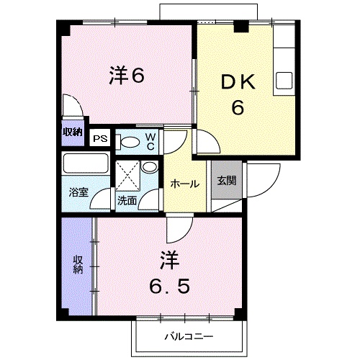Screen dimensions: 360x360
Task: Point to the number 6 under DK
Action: [x=237, y=108]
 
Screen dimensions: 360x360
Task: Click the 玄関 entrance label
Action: [x=227, y=181]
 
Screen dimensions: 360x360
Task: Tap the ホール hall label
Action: [x=184, y=184]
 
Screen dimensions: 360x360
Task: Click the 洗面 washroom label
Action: [x=127, y=201]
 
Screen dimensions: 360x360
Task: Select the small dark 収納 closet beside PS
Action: [x=71, y=132]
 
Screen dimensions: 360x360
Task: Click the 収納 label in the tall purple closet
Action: [x=78, y=264]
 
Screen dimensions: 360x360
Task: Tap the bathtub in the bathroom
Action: [x=85, y=163]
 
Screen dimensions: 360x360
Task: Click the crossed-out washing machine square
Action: [x=127, y=173]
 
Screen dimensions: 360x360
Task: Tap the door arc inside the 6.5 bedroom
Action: [x=177, y=230]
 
